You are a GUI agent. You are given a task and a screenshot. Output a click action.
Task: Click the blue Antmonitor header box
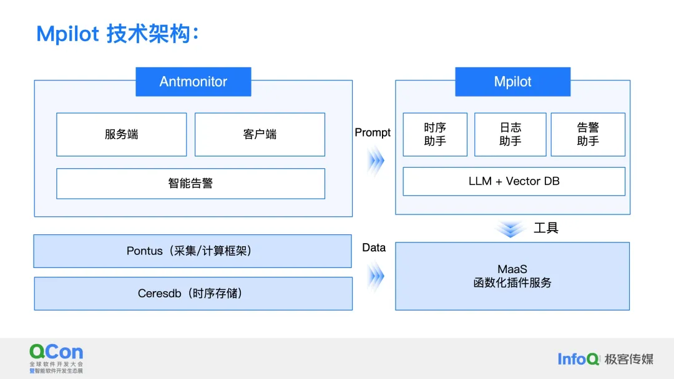[193, 82]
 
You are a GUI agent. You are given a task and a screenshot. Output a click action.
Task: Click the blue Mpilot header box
[512, 82]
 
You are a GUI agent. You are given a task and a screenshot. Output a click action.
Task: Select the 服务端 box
[121, 134]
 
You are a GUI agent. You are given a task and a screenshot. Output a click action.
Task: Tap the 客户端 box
[260, 134]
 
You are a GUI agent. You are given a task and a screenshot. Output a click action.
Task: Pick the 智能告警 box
[190, 183]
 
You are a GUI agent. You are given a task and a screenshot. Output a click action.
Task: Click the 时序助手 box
[435, 134]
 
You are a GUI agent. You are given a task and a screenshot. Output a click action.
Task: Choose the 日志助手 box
[510, 134]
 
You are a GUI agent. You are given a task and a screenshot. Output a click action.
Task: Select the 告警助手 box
[588, 134]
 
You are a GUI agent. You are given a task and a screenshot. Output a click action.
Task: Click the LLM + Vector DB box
[514, 181]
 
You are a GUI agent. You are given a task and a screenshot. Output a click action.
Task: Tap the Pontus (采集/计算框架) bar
[192, 251]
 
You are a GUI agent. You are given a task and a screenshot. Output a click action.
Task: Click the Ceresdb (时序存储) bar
[192, 293]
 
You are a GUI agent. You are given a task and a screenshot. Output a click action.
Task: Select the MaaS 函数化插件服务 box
[512, 276]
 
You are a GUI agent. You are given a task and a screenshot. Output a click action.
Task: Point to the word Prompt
[373, 133]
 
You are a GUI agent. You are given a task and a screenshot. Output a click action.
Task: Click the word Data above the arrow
[374, 247]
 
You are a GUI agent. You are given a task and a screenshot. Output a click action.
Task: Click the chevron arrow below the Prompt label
[375, 161]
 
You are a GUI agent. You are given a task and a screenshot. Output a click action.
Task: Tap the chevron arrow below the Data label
[375, 276]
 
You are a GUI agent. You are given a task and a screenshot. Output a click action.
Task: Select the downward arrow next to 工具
[511, 229]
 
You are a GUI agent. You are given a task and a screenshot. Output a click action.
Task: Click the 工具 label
[546, 228]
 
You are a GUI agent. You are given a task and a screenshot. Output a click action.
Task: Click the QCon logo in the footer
[56, 357]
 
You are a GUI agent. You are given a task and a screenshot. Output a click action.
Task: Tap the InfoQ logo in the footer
[579, 358]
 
